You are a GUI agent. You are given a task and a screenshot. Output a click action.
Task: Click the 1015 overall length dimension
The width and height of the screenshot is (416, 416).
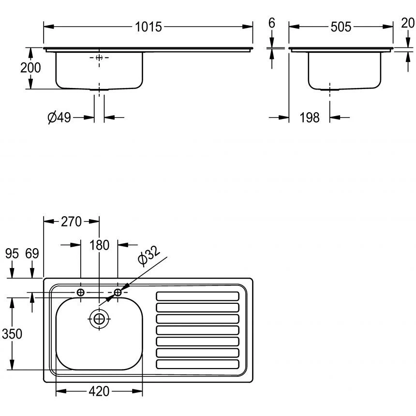pos(148,27)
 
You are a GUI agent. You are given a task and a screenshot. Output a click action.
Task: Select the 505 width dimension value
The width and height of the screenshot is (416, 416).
pos(341,27)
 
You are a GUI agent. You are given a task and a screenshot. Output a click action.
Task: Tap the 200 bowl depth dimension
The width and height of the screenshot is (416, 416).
pos(30,68)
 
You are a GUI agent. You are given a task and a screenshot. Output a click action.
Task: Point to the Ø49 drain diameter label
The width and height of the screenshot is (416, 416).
pos(59,117)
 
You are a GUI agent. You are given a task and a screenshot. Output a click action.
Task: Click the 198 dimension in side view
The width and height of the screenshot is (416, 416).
pos(310,117)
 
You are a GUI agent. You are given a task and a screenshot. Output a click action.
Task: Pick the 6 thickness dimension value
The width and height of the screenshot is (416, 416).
pos(271,23)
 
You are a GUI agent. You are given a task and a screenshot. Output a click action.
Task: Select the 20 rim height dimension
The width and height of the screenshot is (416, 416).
pos(407,23)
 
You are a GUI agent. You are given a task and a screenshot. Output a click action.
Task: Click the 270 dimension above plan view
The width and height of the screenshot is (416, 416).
pos(71,222)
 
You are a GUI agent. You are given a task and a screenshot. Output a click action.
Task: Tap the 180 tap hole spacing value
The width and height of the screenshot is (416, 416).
pos(99,245)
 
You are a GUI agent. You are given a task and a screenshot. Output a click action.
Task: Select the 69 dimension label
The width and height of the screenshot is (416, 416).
pos(32,253)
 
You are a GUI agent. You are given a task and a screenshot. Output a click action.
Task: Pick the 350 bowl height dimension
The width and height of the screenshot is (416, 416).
pos(12,334)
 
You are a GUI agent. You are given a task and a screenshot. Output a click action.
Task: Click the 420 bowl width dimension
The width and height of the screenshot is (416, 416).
pos(99,391)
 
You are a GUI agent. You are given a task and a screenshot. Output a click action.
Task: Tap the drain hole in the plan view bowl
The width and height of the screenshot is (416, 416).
pos(99,318)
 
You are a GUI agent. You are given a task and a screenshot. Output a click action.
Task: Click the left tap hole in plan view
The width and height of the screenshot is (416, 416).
pos(81,292)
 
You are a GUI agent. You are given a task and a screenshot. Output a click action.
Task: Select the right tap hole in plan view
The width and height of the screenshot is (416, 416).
pos(118,292)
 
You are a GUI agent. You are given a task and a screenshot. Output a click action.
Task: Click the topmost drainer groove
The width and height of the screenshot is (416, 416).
pos(197,296)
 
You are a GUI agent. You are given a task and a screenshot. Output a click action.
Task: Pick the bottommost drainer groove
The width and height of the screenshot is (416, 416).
pos(197,364)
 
